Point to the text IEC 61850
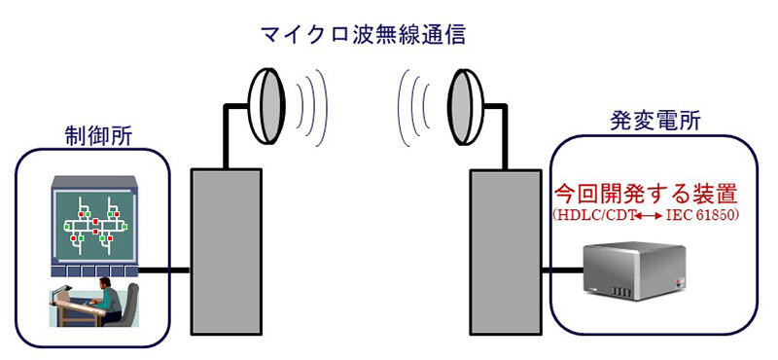[x=702, y=212]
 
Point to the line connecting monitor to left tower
[x=164, y=270]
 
